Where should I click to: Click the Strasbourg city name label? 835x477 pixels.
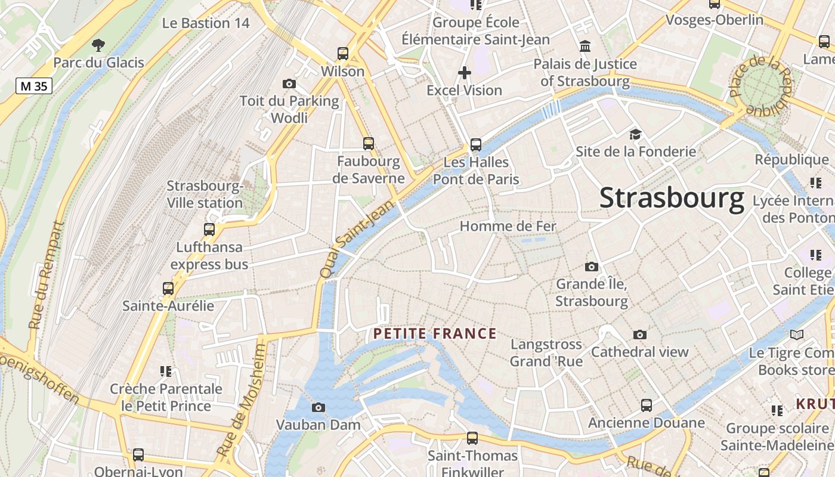pyautogui.click(x=672, y=198)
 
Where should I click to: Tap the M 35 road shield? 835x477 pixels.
pyautogui.click(x=34, y=86)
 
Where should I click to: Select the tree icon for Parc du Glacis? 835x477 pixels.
pyautogui.click(x=98, y=45)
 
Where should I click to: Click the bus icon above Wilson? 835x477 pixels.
pyautogui.click(x=343, y=54)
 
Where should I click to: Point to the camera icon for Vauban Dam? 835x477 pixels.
pyautogui.click(x=318, y=407)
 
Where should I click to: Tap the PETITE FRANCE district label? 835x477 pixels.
pyautogui.click(x=435, y=333)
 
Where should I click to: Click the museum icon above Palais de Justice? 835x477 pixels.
pyautogui.click(x=585, y=46)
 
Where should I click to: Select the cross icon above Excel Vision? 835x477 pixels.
pyautogui.click(x=464, y=73)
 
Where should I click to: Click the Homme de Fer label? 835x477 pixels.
pyautogui.click(x=508, y=227)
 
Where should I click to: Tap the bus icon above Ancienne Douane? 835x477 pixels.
pyautogui.click(x=647, y=405)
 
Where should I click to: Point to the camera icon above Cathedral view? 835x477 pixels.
pyautogui.click(x=640, y=334)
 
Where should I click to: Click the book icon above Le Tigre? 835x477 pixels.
pyautogui.click(x=797, y=334)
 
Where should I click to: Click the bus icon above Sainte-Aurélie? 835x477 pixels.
pyautogui.click(x=168, y=289)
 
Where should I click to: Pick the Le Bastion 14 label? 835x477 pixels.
pyautogui.click(x=206, y=23)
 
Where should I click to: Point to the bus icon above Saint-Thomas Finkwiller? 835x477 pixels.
pyautogui.click(x=472, y=438)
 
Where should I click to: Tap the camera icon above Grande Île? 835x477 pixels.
pyautogui.click(x=592, y=267)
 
